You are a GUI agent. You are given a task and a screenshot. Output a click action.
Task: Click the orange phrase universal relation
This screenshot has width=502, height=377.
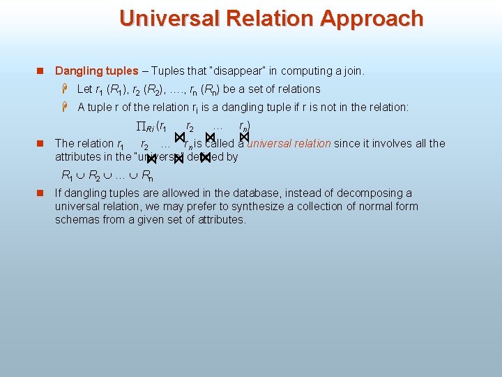point(289,143)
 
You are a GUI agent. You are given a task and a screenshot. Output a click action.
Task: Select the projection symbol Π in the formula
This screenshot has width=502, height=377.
point(139,126)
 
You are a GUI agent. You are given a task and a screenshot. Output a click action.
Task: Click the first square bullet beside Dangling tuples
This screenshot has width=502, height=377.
point(40,71)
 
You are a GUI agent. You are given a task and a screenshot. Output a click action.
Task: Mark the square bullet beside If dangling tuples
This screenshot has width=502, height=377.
point(40,193)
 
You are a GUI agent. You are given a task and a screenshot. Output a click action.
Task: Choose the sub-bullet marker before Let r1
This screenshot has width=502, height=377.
point(65,89)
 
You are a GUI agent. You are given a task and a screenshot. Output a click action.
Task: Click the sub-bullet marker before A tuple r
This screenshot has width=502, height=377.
point(65,107)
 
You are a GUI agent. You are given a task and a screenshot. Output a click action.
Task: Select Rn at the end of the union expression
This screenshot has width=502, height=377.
point(148,175)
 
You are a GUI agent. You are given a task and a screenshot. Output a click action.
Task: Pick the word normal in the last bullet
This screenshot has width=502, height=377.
point(376,206)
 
